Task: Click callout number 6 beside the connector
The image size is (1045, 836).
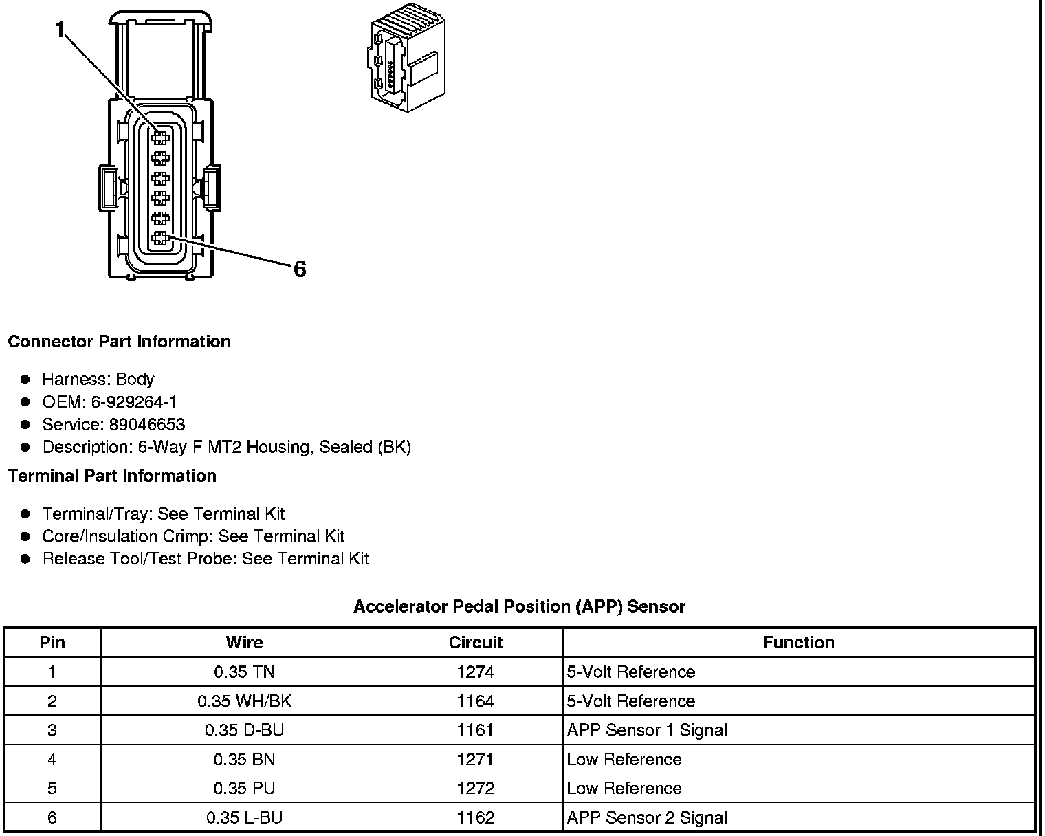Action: pyautogui.click(x=300, y=269)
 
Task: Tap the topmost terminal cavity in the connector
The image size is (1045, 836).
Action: pyautogui.click(x=160, y=137)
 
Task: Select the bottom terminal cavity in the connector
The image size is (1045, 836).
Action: pyautogui.click(x=160, y=239)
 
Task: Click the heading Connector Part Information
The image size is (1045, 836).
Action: pyautogui.click(x=119, y=342)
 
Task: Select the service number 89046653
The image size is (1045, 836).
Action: pyautogui.click(x=146, y=424)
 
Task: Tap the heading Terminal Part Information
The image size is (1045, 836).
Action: pyautogui.click(x=112, y=476)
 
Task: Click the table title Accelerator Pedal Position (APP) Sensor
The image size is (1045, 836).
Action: pyautogui.click(x=519, y=606)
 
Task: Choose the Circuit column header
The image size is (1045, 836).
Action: pyautogui.click(x=475, y=642)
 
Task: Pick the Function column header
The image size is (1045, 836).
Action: pyautogui.click(x=799, y=642)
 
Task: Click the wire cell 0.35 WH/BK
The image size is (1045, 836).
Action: pyautogui.click(x=244, y=701)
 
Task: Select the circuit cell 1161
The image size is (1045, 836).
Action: pyautogui.click(x=475, y=730)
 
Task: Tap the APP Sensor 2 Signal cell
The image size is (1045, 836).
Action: pyautogui.click(x=647, y=817)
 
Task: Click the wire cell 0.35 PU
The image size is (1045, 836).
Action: pyautogui.click(x=244, y=788)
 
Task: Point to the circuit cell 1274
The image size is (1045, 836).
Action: pyautogui.click(x=475, y=672)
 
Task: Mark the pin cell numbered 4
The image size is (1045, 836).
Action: pyautogui.click(x=52, y=759)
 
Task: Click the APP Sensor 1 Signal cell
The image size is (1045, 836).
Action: pyautogui.click(x=647, y=730)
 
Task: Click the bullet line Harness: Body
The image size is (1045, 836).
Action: pyautogui.click(x=98, y=379)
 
